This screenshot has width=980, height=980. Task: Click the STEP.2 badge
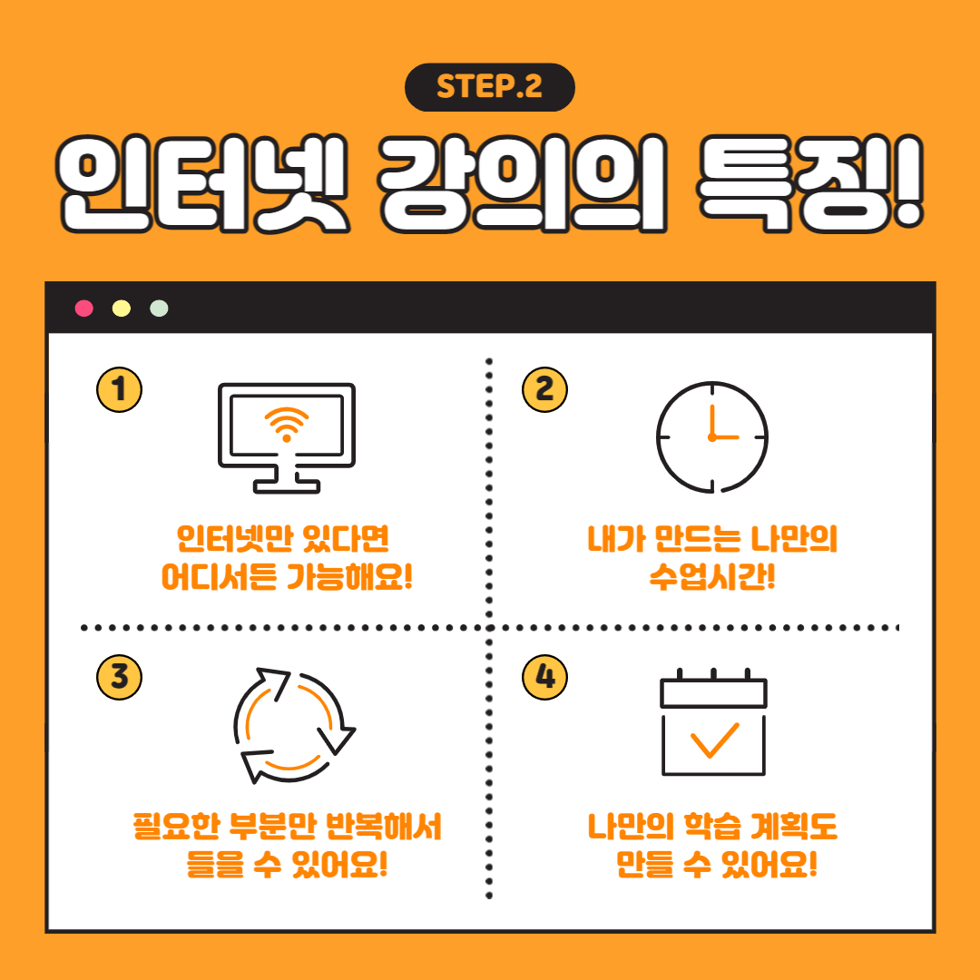(489, 87)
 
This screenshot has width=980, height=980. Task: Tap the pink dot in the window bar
(83, 309)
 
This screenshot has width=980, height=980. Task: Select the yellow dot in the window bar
(122, 309)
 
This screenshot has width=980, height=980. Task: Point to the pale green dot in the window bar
(159, 309)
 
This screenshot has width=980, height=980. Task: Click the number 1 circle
(120, 389)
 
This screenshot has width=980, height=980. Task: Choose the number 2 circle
(544, 389)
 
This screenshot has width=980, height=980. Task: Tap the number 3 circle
(120, 677)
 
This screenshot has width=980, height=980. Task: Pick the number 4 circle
(544, 677)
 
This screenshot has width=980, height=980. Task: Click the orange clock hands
(722, 425)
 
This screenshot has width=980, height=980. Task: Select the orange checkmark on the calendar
(714, 740)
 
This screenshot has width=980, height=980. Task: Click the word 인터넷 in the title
(201, 183)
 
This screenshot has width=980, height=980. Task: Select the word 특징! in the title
(810, 183)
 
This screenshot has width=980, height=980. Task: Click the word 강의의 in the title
(523, 183)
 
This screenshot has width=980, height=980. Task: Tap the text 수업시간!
(712, 576)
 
